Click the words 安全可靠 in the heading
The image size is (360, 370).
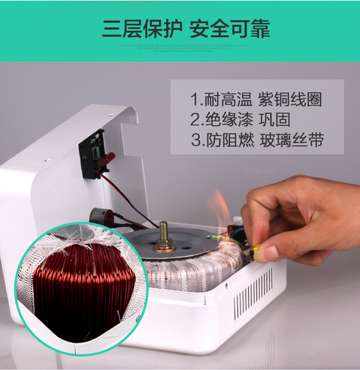pos(229,29)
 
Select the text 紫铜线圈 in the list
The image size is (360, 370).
pos(290,100)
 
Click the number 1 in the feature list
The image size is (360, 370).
pos(194,100)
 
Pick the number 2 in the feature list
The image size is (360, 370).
pos(195,119)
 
